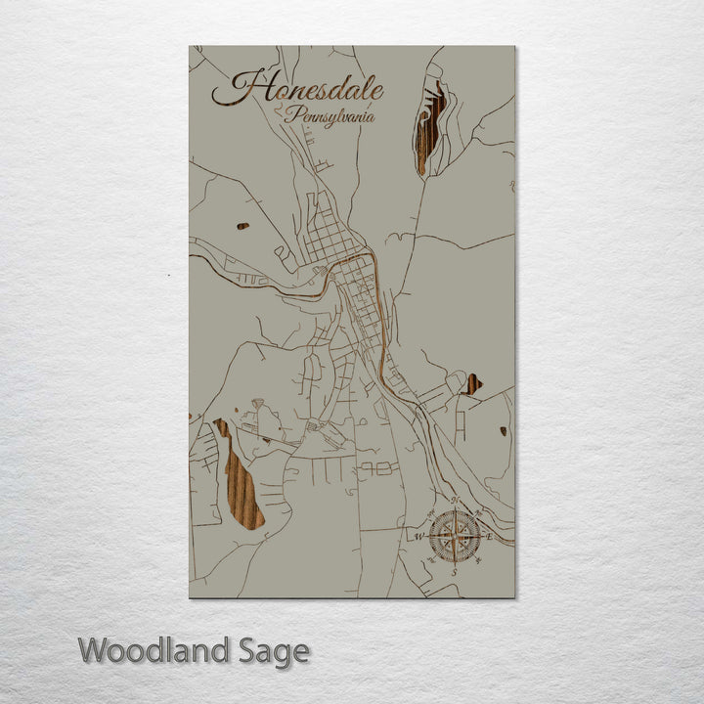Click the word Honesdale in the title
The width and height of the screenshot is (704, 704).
[297, 88]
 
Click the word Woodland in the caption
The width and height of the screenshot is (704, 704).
[152, 650]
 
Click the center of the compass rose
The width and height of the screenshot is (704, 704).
[455, 536]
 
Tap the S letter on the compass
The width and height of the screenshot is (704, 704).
[455, 571]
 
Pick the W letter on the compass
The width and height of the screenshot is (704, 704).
[418, 537]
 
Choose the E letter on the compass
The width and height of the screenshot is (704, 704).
[489, 537]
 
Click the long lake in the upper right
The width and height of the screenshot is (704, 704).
[428, 127]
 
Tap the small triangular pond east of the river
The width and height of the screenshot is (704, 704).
[472, 384]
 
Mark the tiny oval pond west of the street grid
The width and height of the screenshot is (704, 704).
[242, 226]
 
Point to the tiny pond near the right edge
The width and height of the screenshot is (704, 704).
[504, 430]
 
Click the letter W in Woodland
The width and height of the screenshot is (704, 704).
[96, 650]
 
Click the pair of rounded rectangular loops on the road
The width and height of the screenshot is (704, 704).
[377, 468]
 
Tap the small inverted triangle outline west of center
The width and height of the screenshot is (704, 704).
[258, 403]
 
